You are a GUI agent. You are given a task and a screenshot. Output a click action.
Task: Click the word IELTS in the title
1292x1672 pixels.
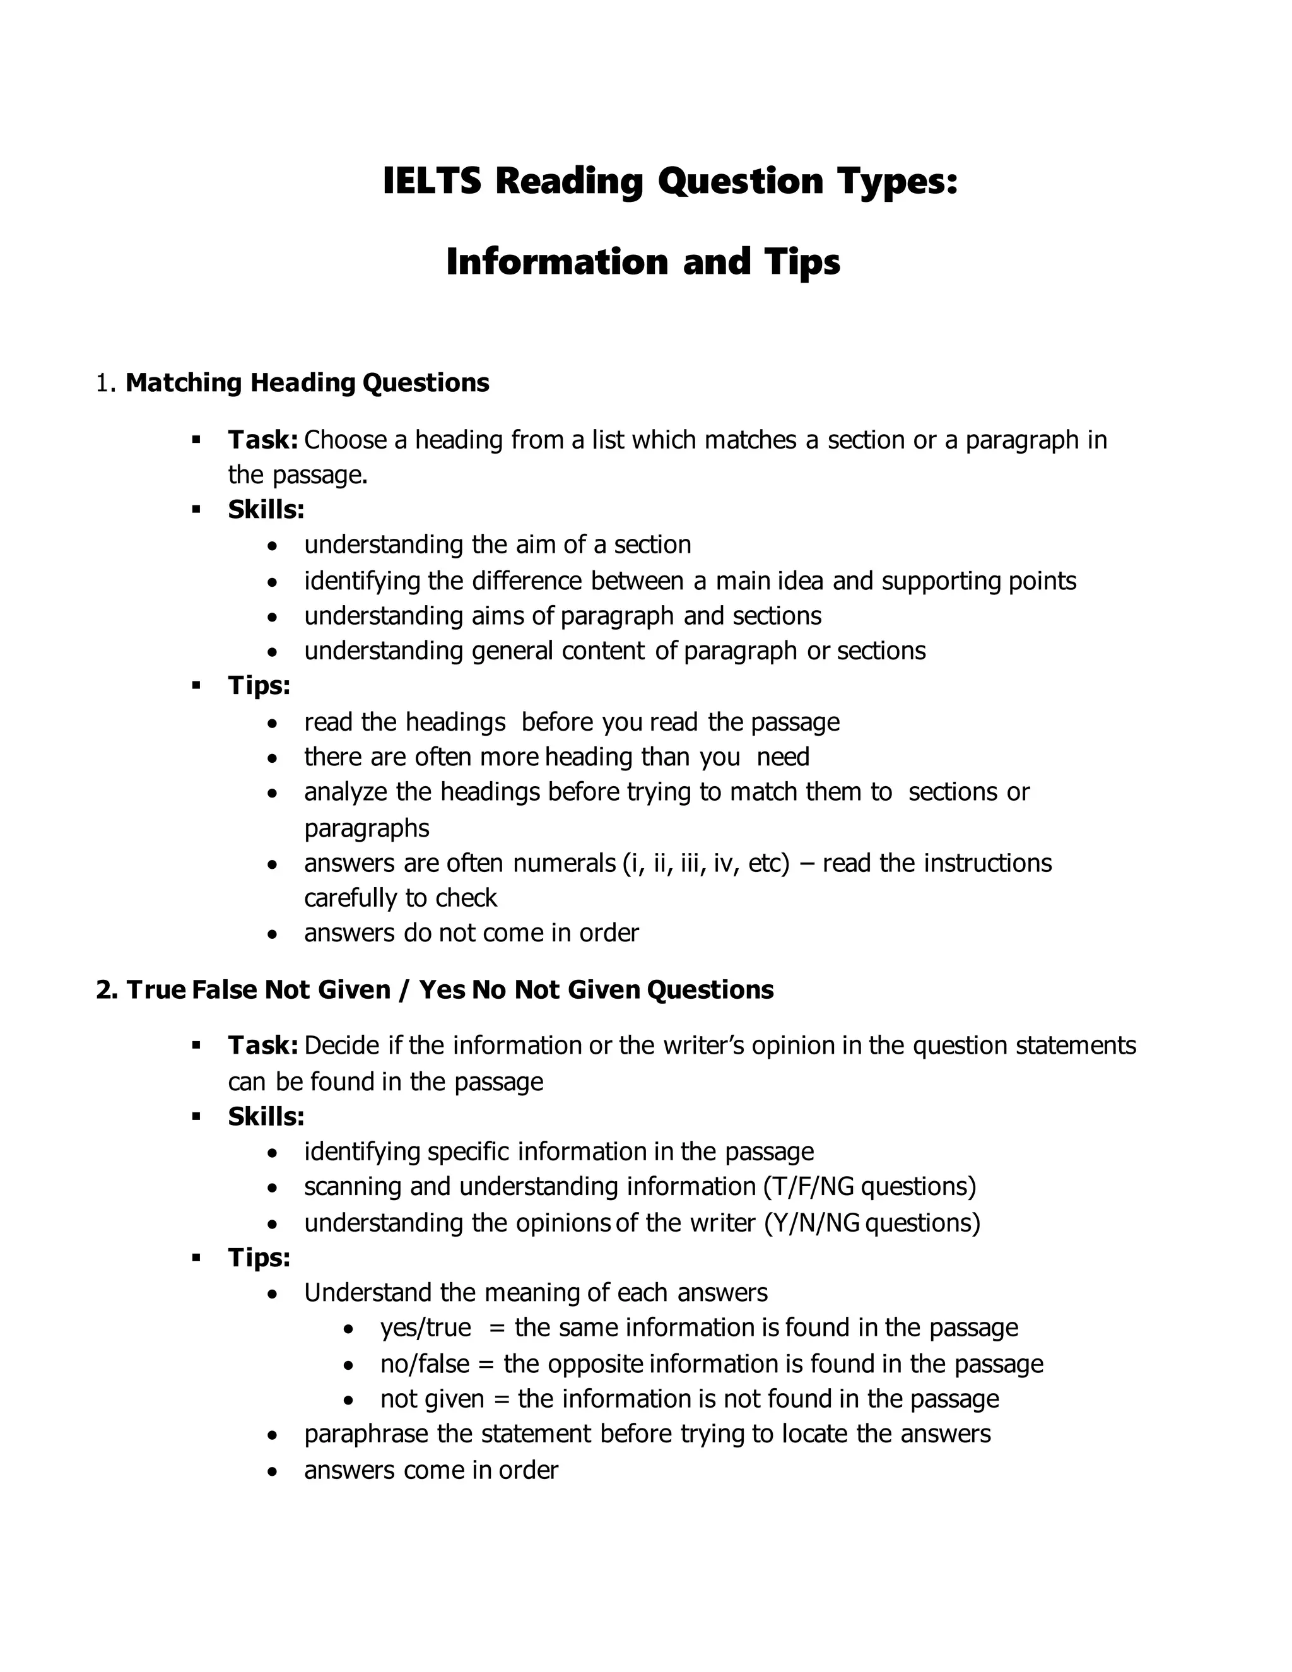pyautogui.click(x=431, y=182)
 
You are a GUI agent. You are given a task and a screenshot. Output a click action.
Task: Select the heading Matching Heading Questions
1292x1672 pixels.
pyautogui.click(x=307, y=383)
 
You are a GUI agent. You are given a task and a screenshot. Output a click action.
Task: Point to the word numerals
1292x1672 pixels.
pyautogui.click(x=564, y=864)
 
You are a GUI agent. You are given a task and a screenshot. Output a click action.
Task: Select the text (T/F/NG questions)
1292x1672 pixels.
pyautogui.click(x=869, y=1187)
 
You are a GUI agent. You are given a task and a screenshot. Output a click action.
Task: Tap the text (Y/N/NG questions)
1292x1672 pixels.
pyautogui.click(x=872, y=1223)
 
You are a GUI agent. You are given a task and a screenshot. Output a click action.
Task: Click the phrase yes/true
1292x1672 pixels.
pyautogui.click(x=426, y=1328)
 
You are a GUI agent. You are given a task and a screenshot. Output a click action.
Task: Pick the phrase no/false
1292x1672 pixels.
pyautogui.click(x=425, y=1364)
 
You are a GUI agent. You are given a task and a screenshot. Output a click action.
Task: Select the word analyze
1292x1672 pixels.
pyautogui.click(x=345, y=792)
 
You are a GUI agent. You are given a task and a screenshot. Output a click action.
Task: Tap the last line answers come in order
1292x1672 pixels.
pyautogui.click(x=431, y=1470)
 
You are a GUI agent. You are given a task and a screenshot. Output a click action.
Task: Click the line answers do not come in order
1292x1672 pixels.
pyautogui.click(x=471, y=933)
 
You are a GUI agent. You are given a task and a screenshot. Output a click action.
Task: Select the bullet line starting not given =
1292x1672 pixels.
pyautogui.click(x=689, y=1399)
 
